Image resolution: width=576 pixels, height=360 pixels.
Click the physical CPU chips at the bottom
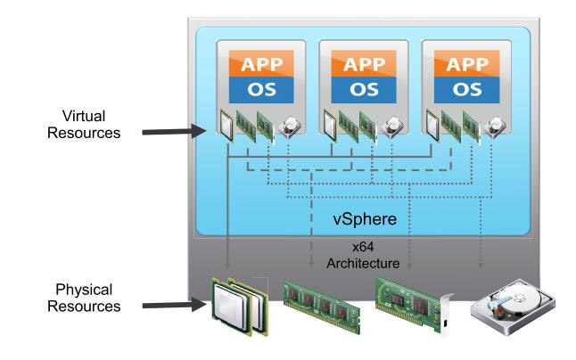[238, 306]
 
